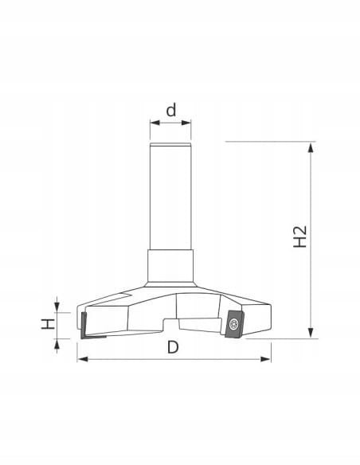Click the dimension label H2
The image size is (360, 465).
(299, 236)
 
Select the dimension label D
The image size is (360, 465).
(173, 347)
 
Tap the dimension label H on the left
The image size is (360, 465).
(48, 324)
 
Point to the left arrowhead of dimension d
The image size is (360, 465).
(155, 123)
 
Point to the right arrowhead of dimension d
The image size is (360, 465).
(186, 123)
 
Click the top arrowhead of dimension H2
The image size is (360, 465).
(311, 147)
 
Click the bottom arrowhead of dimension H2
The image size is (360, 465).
(311, 333)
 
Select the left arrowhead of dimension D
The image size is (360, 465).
(83, 359)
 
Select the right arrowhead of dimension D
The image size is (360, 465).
(265, 359)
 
